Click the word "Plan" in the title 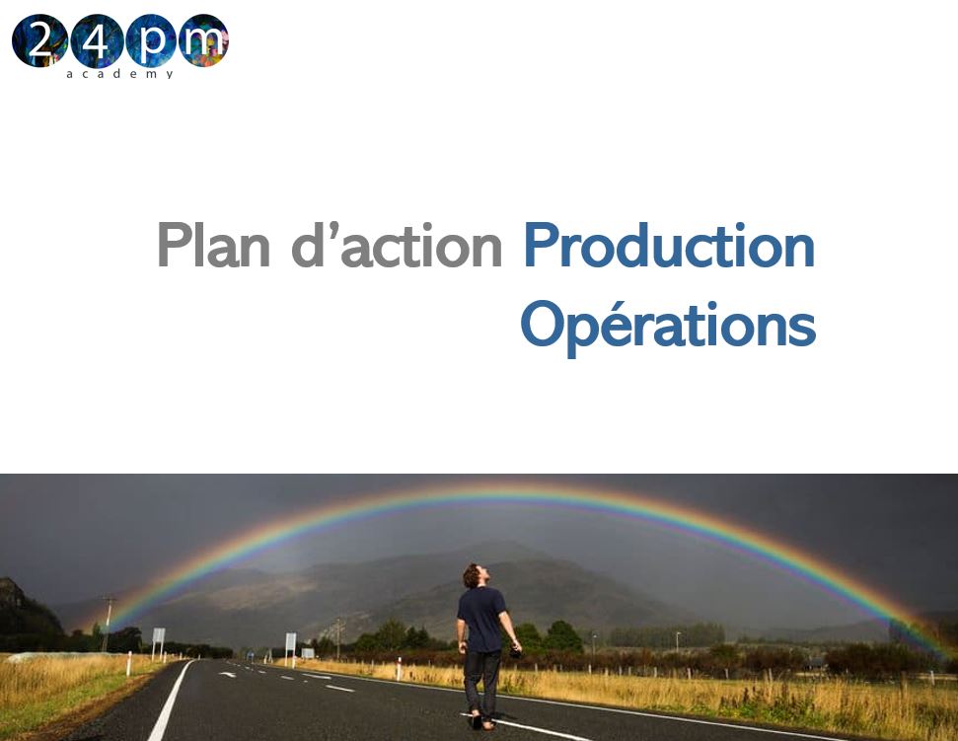coord(213,246)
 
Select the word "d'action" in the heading coord(397,246)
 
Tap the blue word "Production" coord(669,246)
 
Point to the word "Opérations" coord(668,325)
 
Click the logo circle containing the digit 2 coord(38,40)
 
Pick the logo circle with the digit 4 coord(96,40)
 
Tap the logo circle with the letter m coord(202,40)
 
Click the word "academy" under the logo coord(119,74)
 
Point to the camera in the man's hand coord(515,652)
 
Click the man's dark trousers coord(482,681)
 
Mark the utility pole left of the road coord(107,623)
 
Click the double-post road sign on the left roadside coord(158,638)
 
